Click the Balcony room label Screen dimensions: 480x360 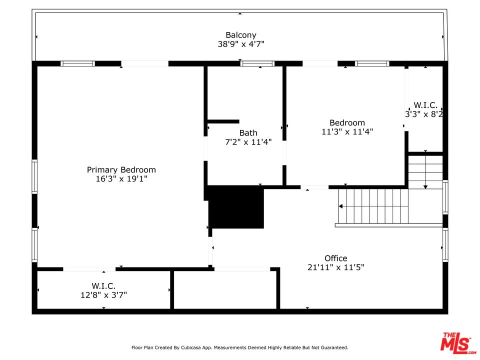tap(241, 35)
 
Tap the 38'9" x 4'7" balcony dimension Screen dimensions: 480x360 tap(241, 44)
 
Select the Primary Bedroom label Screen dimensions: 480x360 tap(121, 170)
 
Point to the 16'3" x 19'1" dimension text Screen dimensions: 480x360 tap(121, 179)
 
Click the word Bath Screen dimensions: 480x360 tap(248, 133)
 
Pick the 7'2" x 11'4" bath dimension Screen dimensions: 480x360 tap(248, 142)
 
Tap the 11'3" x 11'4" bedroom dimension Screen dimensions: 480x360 tap(347, 131)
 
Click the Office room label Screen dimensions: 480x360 tap(336, 258)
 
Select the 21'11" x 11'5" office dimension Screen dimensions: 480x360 tap(336, 267)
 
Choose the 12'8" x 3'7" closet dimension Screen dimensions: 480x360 tap(103, 295)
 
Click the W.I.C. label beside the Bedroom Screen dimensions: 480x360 tap(425, 105)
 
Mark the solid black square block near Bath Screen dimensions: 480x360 tap(236, 207)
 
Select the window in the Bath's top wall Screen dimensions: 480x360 tap(257, 63)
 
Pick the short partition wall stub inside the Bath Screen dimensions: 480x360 tap(223, 121)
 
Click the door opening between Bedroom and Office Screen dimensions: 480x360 tap(314, 187)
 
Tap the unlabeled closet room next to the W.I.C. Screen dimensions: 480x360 tap(225, 290)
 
